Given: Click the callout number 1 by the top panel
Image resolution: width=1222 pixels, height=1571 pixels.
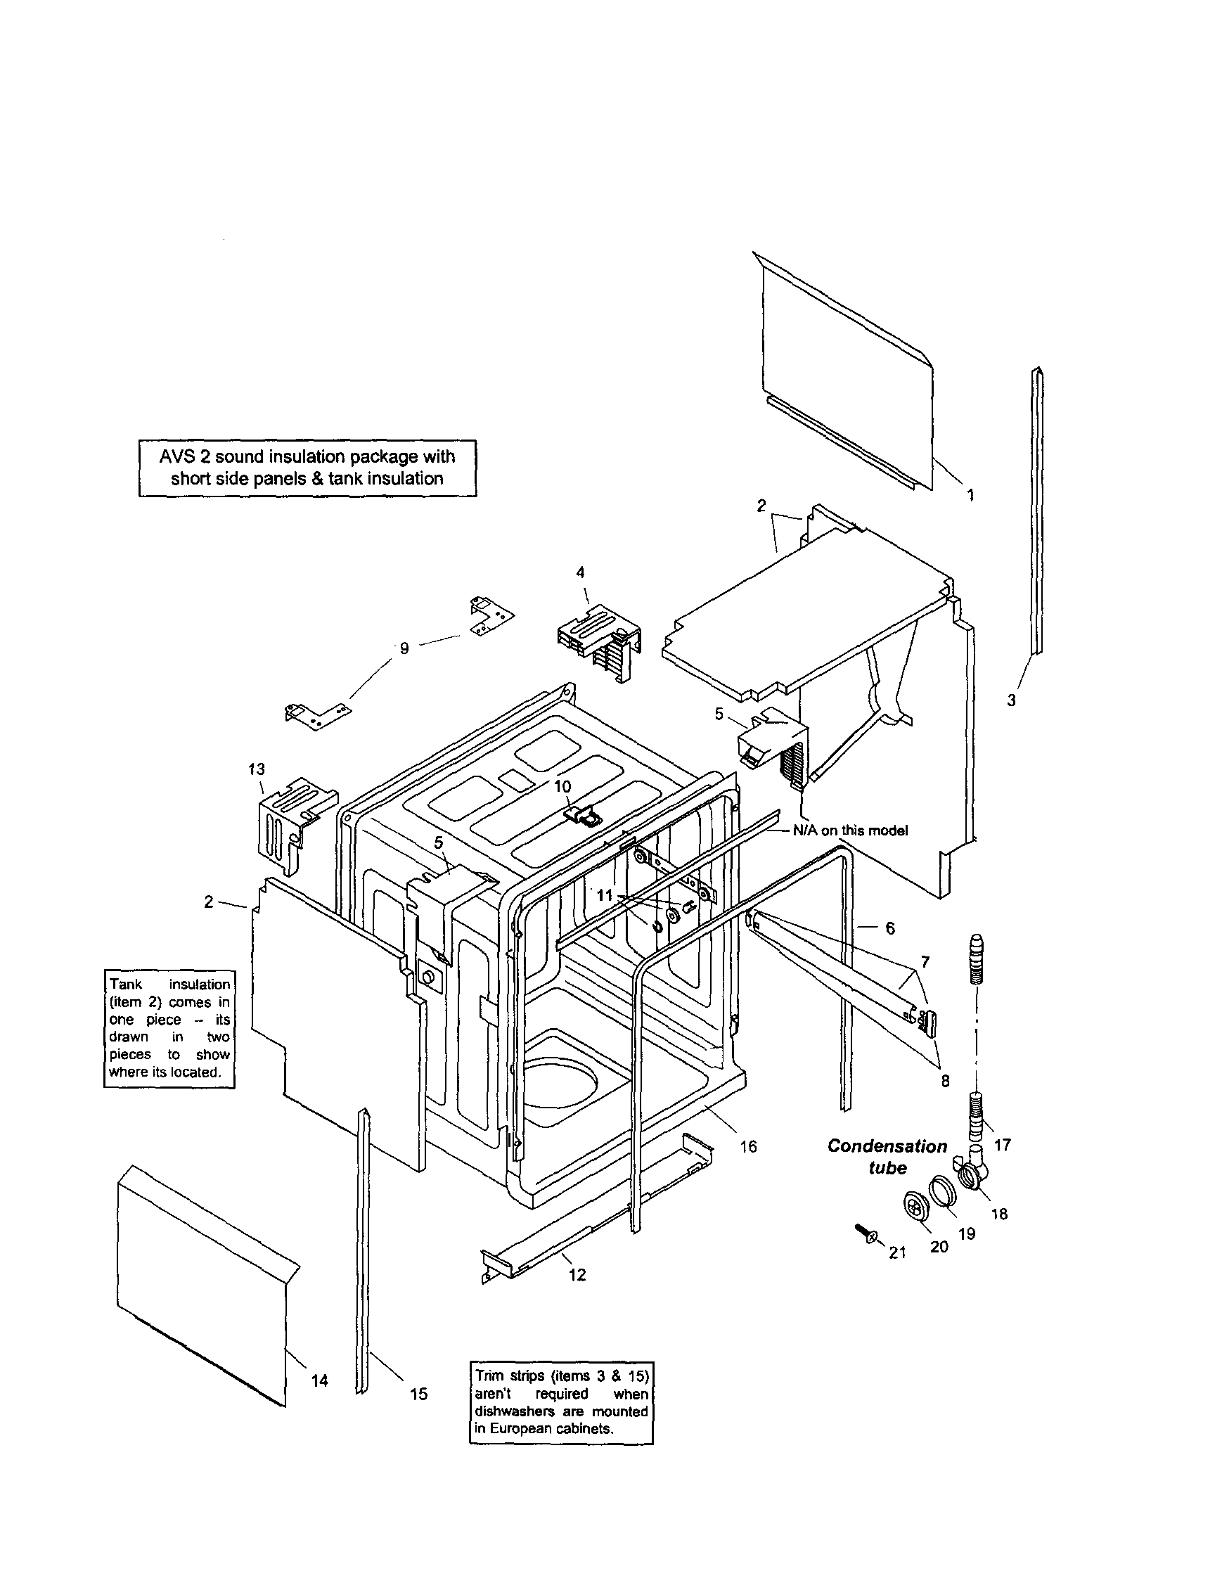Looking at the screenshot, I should pos(970,495).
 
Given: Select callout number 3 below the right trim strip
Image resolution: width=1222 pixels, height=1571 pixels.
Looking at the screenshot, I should pos(1011,700).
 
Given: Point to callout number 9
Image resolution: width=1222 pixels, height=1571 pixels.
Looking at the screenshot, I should pos(404,648).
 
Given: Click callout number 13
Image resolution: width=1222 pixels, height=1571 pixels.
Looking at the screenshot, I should pos(257,769).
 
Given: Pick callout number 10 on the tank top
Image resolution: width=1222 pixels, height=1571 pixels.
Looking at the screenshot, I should pos(562,786).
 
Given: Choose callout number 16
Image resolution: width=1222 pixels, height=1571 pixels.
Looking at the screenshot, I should pos(749,1146).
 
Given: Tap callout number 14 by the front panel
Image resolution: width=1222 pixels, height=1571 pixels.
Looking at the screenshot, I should pos(319,1380).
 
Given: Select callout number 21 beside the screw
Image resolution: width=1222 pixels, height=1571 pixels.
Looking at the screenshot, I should pos(898,1252).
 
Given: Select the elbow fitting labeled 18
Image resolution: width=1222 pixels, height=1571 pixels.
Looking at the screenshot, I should pos(972,1172).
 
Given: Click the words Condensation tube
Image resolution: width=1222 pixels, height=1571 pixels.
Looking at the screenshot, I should pos(887,1157).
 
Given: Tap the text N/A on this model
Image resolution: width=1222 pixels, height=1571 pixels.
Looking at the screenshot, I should pos(850,831).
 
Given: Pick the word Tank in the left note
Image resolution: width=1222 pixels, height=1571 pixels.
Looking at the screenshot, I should pos(126,985).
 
